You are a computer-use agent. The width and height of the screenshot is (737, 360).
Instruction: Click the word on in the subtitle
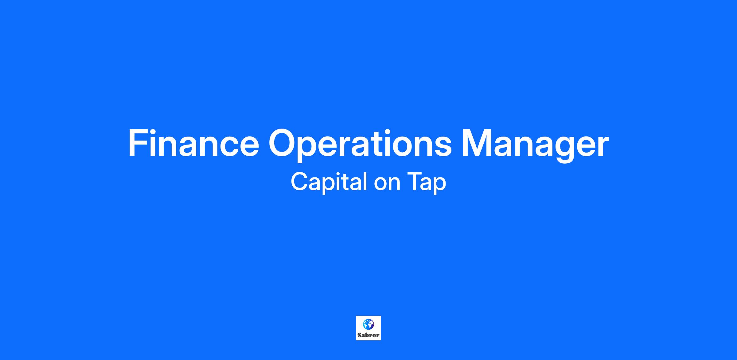tap(387, 185)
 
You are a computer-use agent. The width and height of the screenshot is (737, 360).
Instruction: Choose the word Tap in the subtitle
tap(427, 183)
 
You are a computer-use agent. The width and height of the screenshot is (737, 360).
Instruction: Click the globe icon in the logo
tap(368, 324)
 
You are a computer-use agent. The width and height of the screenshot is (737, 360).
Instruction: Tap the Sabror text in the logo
tap(368, 335)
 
